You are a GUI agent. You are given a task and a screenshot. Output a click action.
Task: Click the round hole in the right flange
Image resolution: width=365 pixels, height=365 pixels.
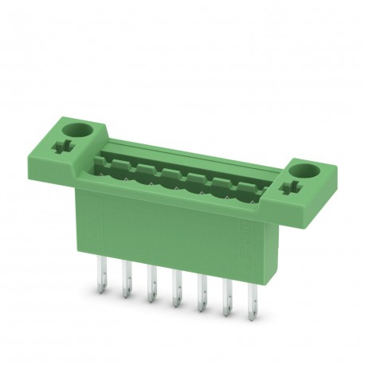[303, 171]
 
